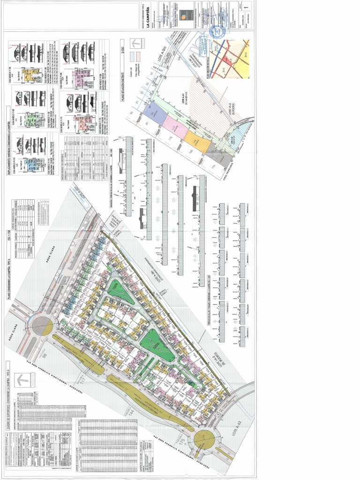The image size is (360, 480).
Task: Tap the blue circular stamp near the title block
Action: click(217, 32)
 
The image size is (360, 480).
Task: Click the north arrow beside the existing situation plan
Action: click(136, 43)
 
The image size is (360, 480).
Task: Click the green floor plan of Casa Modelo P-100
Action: click(31, 120)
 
